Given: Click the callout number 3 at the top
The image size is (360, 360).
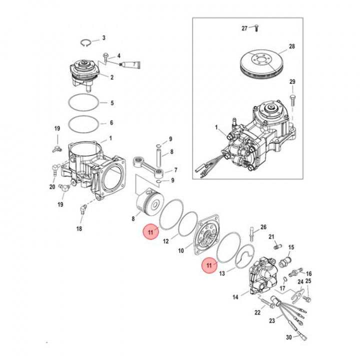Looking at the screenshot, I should click(x=103, y=38).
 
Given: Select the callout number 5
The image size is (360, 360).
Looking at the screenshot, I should click(x=112, y=103).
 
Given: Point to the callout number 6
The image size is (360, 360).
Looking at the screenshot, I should click(x=112, y=122).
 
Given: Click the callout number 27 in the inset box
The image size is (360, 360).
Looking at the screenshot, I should click(x=244, y=28).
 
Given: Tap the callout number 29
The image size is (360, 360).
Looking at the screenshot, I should click(x=292, y=82).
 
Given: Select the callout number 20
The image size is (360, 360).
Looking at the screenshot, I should click(x=52, y=187).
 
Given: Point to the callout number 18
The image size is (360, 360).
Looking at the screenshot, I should click(x=79, y=228).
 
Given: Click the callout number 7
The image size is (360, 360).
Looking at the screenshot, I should click(x=175, y=170).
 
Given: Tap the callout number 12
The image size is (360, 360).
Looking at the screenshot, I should click(x=166, y=241).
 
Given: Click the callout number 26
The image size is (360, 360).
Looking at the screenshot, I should click(x=263, y=226).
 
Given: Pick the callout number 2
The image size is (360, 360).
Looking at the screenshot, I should click(x=112, y=77).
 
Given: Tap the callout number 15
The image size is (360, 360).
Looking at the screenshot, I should click(x=291, y=247).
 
